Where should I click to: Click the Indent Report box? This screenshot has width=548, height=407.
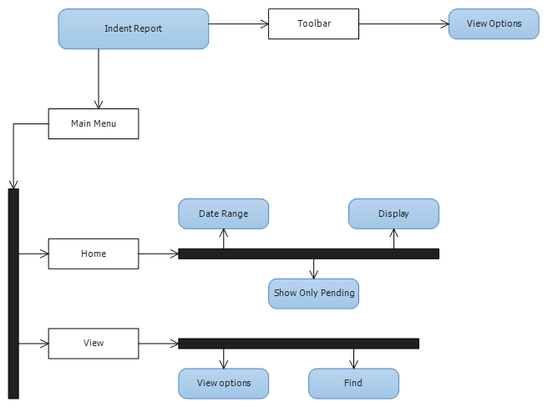(134, 29)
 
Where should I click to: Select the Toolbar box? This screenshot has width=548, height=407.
(313, 23)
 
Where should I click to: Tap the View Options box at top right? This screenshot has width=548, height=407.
(494, 23)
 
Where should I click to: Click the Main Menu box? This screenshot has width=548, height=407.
(94, 124)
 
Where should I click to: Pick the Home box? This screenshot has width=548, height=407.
(94, 254)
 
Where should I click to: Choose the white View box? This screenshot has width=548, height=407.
(94, 344)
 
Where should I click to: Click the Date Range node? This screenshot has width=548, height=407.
(224, 214)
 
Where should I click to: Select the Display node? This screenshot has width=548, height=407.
(394, 214)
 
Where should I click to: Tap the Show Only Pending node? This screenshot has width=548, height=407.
(313, 294)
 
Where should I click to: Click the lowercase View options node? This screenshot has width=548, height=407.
(224, 384)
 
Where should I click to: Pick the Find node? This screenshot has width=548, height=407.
(353, 384)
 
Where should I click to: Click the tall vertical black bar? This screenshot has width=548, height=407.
(13, 294)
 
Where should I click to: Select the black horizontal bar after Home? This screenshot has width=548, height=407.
(308, 254)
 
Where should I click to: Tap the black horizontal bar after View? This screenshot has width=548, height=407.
(299, 344)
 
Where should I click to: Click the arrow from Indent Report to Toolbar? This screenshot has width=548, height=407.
(238, 24)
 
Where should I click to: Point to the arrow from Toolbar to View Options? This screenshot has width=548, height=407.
(403, 24)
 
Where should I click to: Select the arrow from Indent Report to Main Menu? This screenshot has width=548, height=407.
(99, 78)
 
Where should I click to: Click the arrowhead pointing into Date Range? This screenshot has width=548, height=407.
(224, 233)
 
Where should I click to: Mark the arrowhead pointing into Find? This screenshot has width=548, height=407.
(353, 364)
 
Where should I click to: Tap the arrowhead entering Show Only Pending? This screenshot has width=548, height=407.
(313, 274)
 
